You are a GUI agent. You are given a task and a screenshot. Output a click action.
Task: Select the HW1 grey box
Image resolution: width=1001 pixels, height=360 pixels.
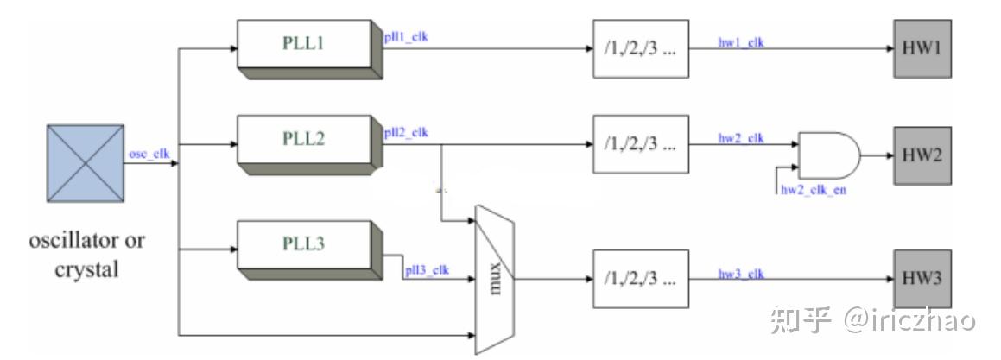coord(922,48)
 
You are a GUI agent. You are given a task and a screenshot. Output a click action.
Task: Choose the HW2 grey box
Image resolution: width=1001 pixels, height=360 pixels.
coord(922,156)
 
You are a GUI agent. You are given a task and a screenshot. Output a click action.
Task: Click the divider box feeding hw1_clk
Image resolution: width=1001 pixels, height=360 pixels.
coord(641,48)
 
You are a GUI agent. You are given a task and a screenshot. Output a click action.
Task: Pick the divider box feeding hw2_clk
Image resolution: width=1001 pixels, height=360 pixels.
coord(641,144)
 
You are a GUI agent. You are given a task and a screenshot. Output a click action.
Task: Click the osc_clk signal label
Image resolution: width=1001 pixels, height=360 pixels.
coord(149,154)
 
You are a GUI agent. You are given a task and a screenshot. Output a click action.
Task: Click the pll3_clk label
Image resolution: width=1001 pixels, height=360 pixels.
coord(427,271)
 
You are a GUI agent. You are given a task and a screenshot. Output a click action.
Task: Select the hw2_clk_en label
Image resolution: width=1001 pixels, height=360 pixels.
coord(813,189)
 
